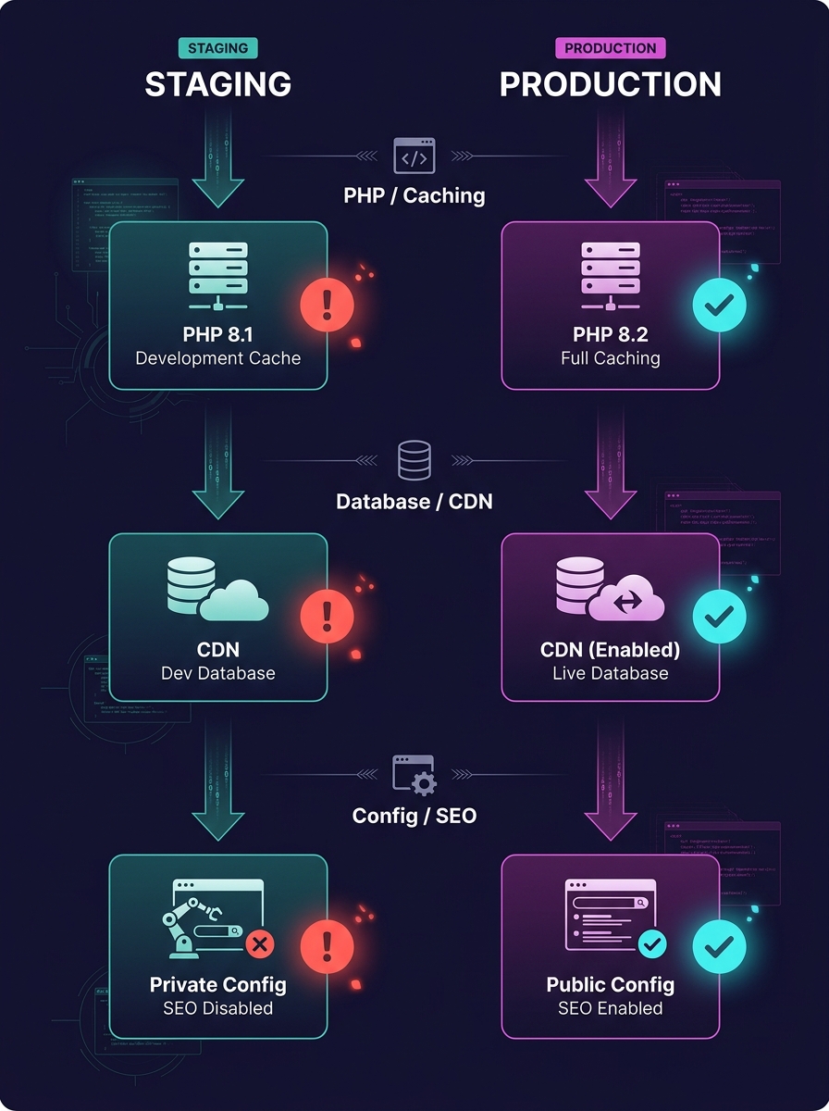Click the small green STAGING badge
coord(217,48)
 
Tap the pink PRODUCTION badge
coord(610,48)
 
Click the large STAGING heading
coord(217,84)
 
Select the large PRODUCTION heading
coord(610,84)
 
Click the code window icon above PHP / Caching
coord(414,156)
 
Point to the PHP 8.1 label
coord(217,334)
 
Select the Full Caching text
coord(610,358)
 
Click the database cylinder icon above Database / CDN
coord(414,460)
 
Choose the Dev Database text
coord(217,673)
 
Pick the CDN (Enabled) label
coord(610,649)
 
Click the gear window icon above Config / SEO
coord(414,774)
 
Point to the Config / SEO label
coord(414,817)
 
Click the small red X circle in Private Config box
coord(260,943)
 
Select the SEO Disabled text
coord(217,1007)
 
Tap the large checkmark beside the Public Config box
coord(720,946)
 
